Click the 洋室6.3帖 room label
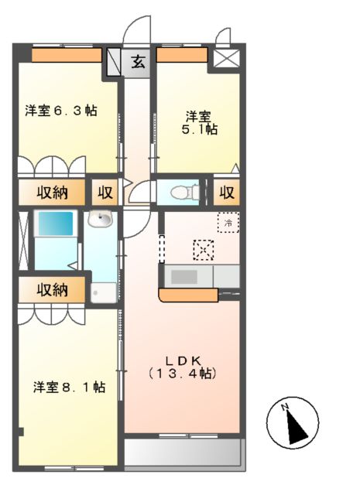(x=60, y=111)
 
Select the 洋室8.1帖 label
(x=69, y=386)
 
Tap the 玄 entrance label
(x=136, y=62)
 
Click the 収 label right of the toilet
(x=227, y=192)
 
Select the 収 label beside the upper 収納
(x=105, y=191)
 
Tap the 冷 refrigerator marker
(x=228, y=223)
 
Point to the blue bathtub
(x=55, y=225)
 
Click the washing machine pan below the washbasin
(x=102, y=292)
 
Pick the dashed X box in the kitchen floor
(x=202, y=250)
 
